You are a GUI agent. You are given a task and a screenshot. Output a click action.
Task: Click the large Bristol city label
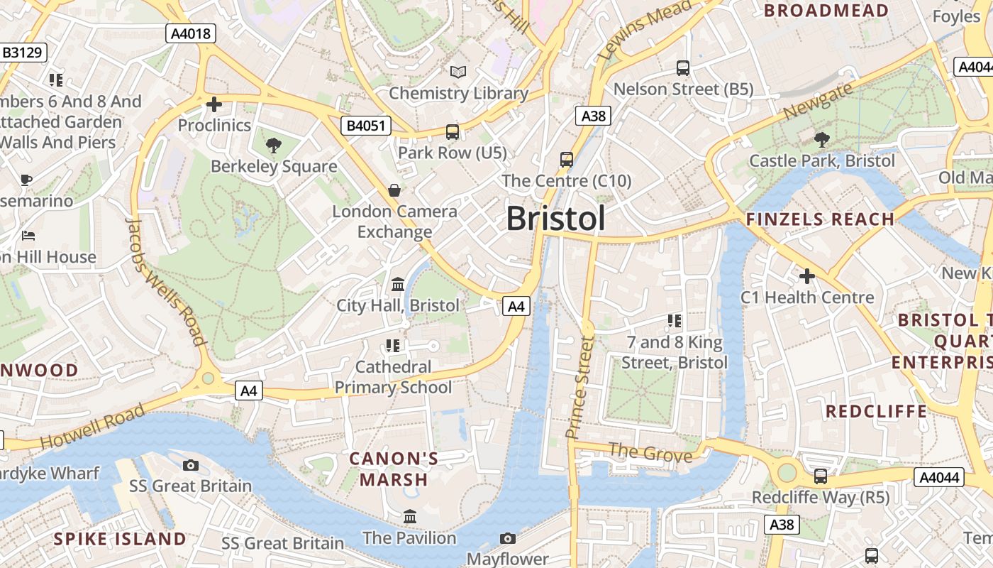point(556,219)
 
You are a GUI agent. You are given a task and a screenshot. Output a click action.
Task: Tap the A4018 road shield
point(192,33)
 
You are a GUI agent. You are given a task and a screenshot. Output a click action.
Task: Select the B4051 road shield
point(366,126)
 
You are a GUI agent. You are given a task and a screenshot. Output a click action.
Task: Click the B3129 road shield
point(23,53)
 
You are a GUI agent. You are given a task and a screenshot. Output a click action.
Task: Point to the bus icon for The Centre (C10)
point(566,159)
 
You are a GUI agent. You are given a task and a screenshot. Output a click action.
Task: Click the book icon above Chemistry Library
point(458,72)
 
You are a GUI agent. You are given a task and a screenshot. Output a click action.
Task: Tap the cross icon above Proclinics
point(213,105)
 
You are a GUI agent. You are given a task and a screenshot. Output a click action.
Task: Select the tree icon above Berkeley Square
point(274,146)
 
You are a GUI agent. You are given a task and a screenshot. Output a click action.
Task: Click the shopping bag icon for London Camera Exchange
point(394,190)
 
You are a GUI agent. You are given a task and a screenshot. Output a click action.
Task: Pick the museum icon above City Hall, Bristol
point(398,284)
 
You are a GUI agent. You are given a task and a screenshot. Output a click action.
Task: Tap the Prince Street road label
point(579,387)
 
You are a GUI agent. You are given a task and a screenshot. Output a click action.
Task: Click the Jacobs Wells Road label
point(165,281)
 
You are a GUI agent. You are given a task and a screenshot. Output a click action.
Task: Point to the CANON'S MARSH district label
point(394,469)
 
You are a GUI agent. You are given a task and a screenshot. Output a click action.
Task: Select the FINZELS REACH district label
point(820,219)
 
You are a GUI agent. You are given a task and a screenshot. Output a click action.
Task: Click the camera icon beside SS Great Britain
point(190,465)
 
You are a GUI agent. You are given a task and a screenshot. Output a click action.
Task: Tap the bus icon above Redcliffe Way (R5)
point(821,476)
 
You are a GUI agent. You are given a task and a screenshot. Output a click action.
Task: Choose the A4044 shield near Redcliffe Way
point(938,477)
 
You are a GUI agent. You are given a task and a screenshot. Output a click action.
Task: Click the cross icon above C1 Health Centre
point(806,275)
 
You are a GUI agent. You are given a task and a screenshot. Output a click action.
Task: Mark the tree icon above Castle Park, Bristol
point(822,140)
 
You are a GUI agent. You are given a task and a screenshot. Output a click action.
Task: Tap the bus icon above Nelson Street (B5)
point(683,68)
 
